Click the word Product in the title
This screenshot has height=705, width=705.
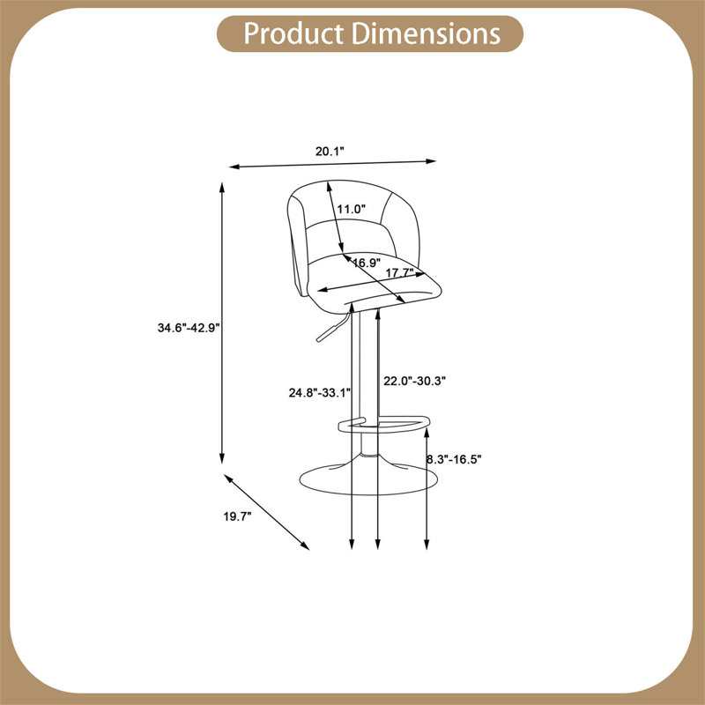point(293,34)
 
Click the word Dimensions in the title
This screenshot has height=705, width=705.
point(426,33)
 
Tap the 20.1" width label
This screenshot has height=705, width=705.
point(330,151)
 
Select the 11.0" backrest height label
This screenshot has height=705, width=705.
point(351,209)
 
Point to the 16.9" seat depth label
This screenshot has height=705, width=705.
point(367,263)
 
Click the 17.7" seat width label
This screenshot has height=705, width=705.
point(400,272)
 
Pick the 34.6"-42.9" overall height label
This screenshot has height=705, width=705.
point(189,327)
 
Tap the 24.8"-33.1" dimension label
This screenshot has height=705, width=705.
point(320,392)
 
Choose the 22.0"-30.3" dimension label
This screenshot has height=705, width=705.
point(414,381)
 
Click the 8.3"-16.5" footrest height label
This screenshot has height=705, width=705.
point(454,459)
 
